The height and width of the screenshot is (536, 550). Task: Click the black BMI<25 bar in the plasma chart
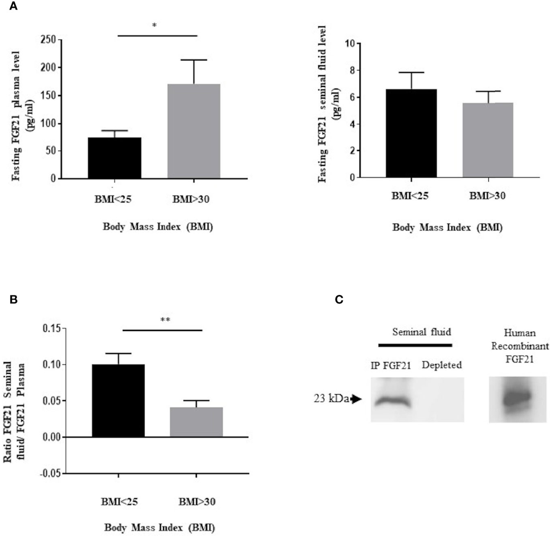click(x=115, y=158)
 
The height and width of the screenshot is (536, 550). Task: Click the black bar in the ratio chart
click(x=118, y=400)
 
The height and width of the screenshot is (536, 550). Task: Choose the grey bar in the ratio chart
click(x=196, y=422)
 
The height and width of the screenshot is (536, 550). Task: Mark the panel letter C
click(x=339, y=299)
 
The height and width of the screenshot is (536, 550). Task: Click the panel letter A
click(x=13, y=7)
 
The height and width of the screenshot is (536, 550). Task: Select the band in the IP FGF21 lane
click(x=392, y=401)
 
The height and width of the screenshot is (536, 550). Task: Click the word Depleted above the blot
click(x=442, y=366)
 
